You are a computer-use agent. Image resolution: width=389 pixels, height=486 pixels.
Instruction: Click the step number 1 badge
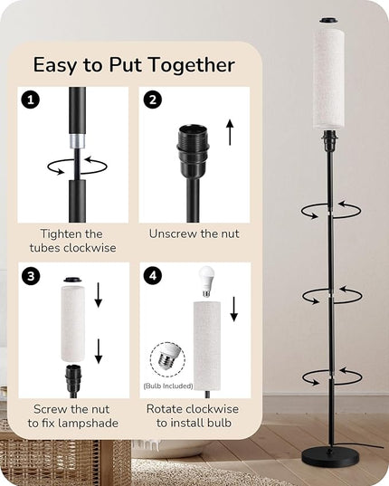[x=31, y=100]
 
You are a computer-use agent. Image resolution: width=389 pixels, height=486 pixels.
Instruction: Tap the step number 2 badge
[x=152, y=100]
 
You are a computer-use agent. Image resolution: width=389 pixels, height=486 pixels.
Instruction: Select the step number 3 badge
[x=31, y=275]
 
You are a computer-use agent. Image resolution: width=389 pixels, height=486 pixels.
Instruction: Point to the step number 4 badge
[x=153, y=275]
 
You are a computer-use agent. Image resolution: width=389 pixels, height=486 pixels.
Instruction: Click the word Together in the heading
[x=191, y=65]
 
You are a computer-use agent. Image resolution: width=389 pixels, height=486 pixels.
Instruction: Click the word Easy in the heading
[x=55, y=65]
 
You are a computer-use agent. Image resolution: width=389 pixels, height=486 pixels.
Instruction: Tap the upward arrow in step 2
[x=230, y=132]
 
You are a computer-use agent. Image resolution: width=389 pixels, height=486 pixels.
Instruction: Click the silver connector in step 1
[x=77, y=142]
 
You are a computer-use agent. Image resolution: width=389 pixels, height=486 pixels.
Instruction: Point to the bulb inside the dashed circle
[x=168, y=357]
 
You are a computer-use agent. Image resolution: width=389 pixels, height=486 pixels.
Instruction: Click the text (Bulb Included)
[x=168, y=386]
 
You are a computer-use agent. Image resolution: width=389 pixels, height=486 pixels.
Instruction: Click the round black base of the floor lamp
[x=331, y=457]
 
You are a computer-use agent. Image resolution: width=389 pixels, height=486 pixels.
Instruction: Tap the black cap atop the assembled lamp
[x=329, y=21]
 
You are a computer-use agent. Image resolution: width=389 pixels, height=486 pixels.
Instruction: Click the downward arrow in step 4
[x=234, y=309]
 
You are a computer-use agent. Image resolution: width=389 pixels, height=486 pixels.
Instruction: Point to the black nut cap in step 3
[x=73, y=280]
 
